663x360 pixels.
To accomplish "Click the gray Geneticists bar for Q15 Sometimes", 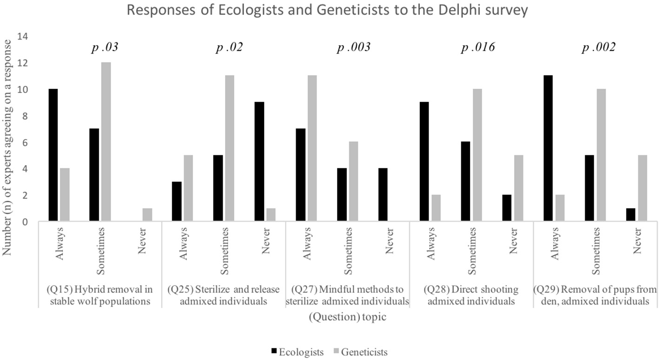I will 106,142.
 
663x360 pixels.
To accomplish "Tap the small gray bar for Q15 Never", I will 147,215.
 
